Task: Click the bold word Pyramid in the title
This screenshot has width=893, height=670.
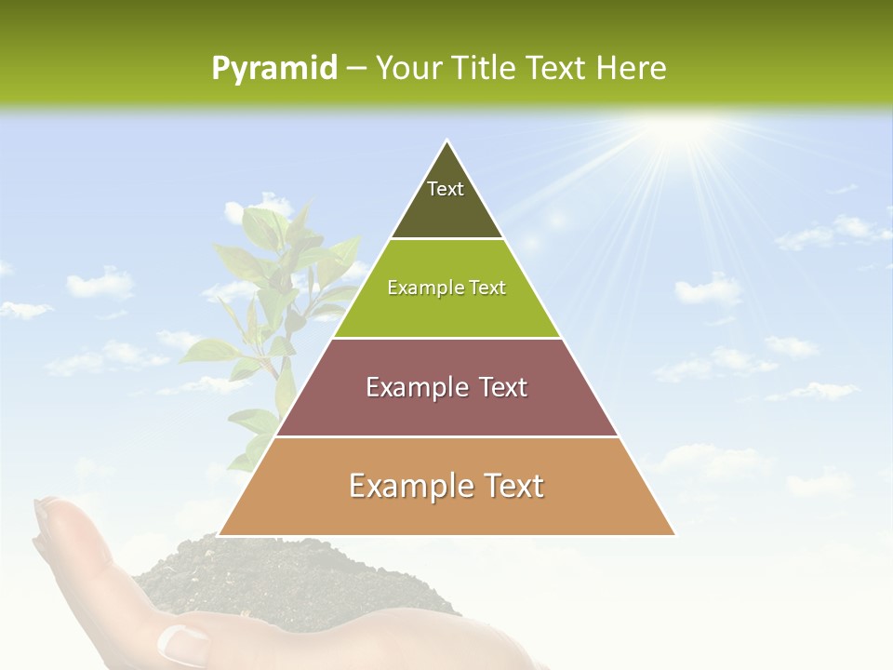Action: (x=273, y=69)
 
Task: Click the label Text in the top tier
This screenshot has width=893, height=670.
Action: (x=446, y=189)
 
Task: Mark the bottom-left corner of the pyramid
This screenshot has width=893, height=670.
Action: (x=220, y=535)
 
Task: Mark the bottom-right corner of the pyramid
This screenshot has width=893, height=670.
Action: (x=673, y=535)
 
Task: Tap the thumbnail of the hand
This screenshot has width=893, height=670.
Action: (x=182, y=642)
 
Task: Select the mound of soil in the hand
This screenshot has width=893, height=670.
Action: (x=233, y=577)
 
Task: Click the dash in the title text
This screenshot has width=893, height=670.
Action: (x=356, y=69)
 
